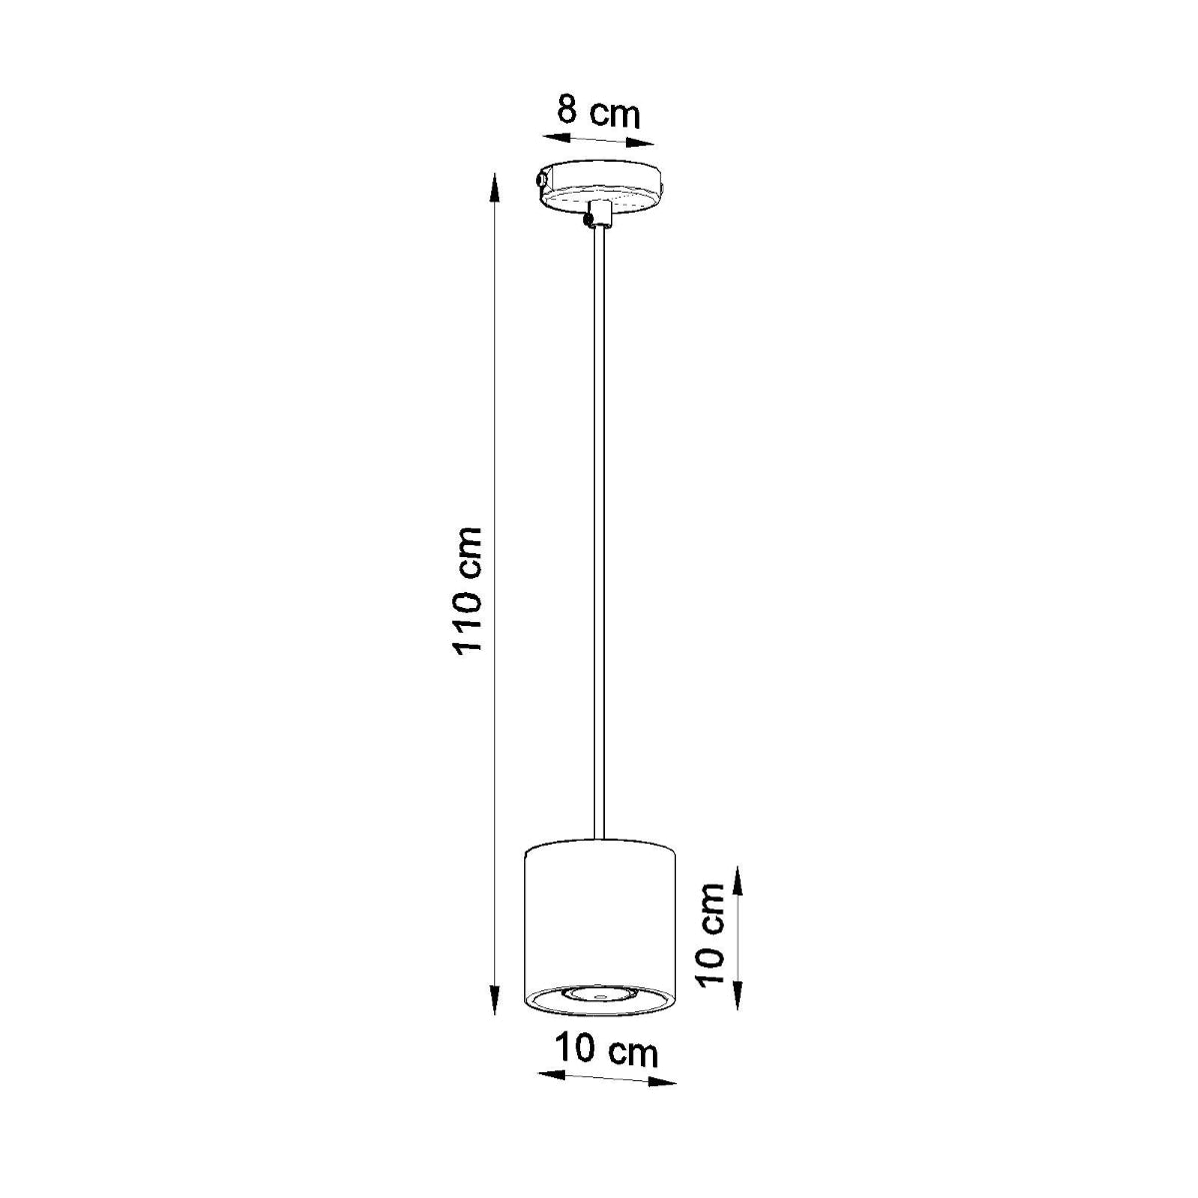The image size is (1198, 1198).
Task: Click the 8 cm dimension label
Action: [598, 111]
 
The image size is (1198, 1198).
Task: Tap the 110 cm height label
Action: [467, 590]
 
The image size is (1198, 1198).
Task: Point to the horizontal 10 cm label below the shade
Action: [607, 1050]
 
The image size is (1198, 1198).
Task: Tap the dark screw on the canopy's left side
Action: [540, 181]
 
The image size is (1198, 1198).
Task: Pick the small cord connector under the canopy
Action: [598, 215]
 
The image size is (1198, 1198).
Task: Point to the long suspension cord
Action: [599, 529]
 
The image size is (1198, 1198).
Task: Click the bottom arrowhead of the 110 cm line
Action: [494, 1008]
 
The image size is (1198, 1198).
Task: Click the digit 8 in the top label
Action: [567, 108]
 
